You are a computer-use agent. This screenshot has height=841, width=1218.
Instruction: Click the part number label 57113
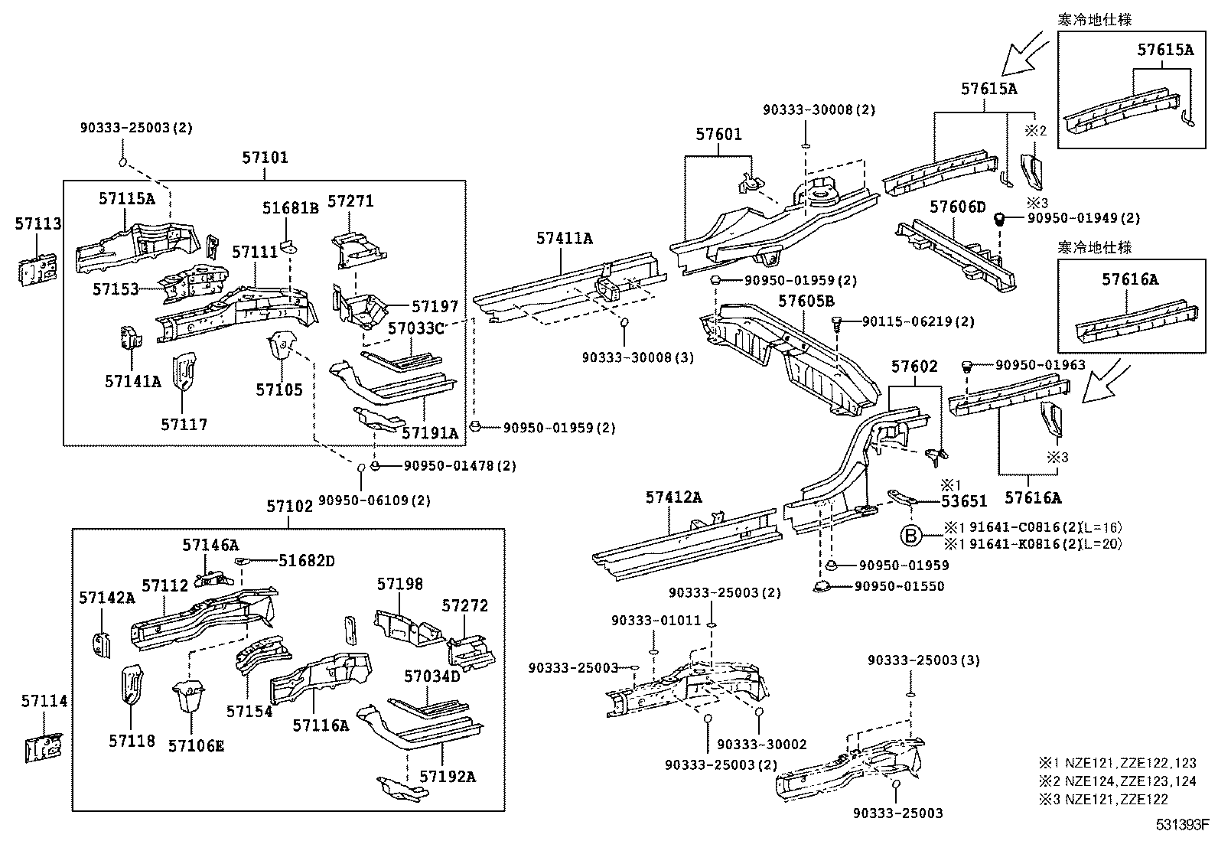[x=38, y=223]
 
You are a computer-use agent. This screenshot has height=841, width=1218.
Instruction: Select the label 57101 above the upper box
[x=265, y=158]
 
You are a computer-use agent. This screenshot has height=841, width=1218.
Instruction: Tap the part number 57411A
[x=564, y=238]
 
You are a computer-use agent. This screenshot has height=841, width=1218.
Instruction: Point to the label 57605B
[x=806, y=301]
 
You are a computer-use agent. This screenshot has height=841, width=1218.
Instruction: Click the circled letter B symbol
[x=911, y=535]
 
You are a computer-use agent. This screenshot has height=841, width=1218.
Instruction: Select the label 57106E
[x=196, y=745]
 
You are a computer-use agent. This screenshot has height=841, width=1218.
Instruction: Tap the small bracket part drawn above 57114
[x=44, y=748]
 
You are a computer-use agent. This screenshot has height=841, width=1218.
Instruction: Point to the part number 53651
[x=963, y=501]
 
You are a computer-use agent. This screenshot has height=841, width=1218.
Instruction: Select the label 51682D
[x=306, y=561]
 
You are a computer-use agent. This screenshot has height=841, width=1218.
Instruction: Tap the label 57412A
[x=673, y=497]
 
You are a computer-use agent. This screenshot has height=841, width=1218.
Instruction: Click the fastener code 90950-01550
[x=899, y=586]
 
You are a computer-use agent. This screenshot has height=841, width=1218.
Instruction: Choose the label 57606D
[x=958, y=207]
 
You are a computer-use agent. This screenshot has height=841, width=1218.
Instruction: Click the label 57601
[x=718, y=135]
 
